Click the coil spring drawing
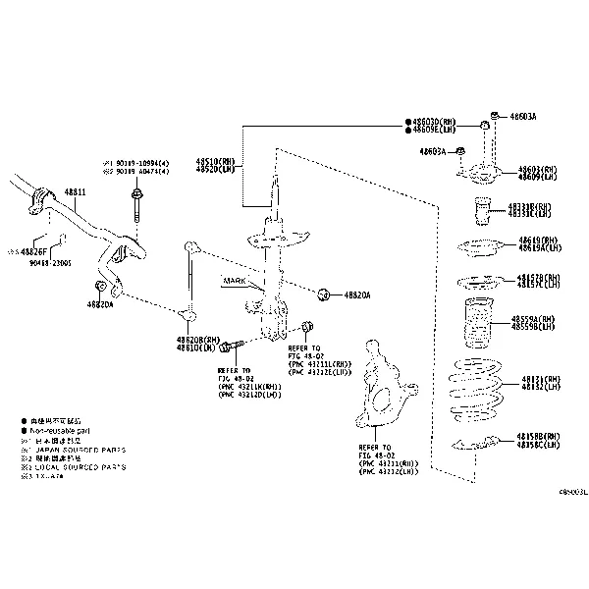click(475, 388)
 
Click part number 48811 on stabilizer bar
click(76, 191)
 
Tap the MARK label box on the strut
click(235, 281)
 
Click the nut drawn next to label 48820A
click(323, 294)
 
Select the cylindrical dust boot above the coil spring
click(475, 325)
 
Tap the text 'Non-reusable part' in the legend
click(66, 430)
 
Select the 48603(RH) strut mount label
click(538, 169)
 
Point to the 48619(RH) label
click(537, 241)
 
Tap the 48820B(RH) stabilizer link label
click(195, 339)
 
